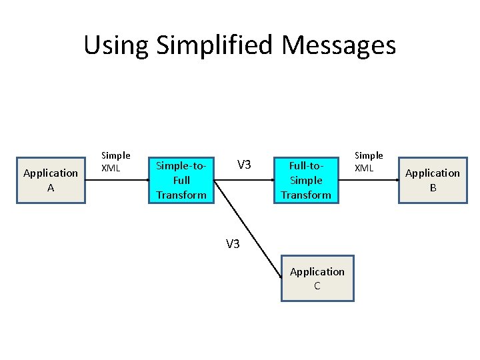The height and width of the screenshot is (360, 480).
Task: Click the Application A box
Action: (51, 180)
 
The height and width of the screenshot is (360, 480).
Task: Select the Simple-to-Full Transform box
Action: (181, 180)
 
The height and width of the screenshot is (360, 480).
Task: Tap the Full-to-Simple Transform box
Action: (306, 180)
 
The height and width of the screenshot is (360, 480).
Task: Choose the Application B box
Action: (433, 180)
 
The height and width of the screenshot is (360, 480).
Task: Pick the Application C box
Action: (317, 279)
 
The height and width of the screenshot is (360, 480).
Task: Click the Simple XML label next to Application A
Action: (115, 161)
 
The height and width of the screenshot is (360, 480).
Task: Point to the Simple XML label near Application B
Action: (369, 161)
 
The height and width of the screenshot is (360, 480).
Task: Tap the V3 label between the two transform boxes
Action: (244, 165)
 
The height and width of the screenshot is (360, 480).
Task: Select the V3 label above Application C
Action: (233, 244)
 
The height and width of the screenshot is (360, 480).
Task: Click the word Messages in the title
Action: (339, 45)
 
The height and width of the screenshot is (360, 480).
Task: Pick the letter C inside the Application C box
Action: (317, 286)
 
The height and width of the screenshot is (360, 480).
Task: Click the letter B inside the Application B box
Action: (433, 188)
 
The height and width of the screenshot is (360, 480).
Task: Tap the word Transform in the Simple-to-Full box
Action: (181, 195)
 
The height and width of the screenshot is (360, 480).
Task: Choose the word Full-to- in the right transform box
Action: (306, 165)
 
